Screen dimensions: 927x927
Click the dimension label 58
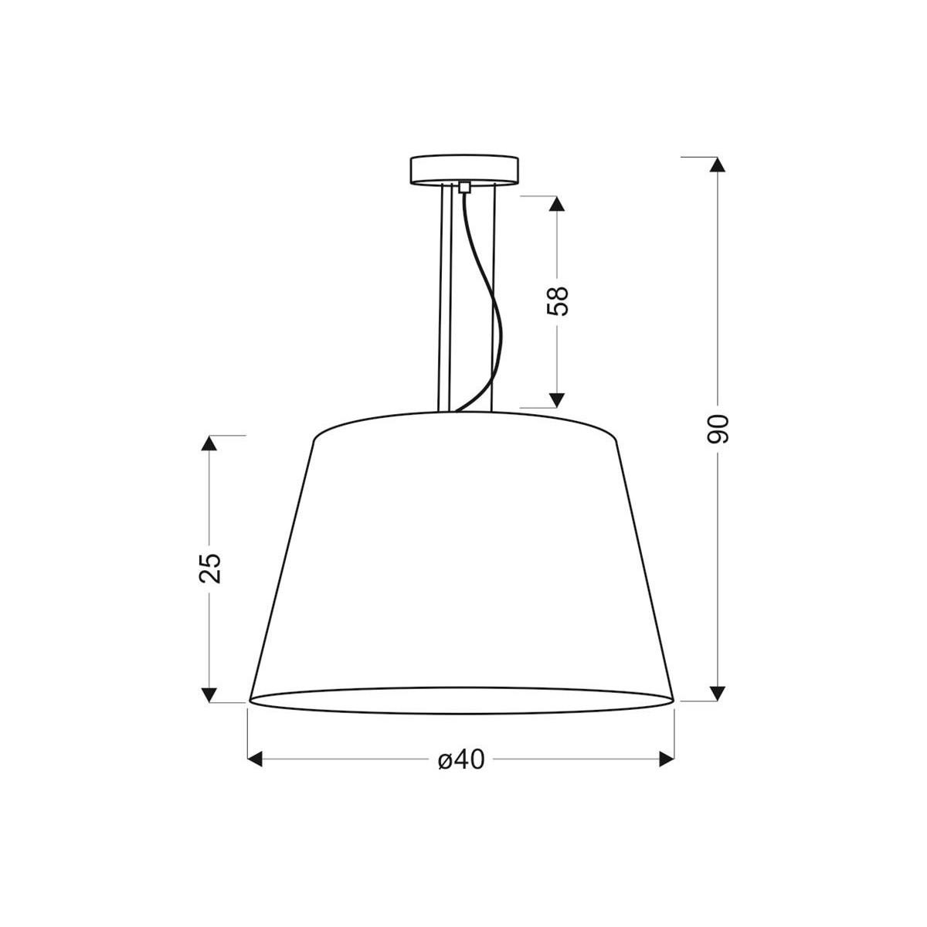pyautogui.click(x=557, y=301)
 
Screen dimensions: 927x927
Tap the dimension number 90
pyautogui.click(x=718, y=429)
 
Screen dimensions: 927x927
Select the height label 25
pyautogui.click(x=209, y=568)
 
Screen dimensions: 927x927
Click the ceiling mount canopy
pyautogui.click(x=464, y=170)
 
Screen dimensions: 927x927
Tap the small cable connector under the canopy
pyautogui.click(x=464, y=186)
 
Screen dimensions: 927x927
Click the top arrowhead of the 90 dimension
pyautogui.click(x=718, y=165)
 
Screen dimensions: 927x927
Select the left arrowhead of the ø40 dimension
pyautogui.click(x=256, y=760)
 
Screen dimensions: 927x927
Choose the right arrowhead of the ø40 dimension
pyautogui.click(x=666, y=760)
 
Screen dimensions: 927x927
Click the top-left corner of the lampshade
pyautogui.click(x=314, y=440)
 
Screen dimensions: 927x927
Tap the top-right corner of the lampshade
pyautogui.click(x=617, y=440)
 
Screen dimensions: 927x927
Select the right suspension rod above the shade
pyautogui.click(x=492, y=301)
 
